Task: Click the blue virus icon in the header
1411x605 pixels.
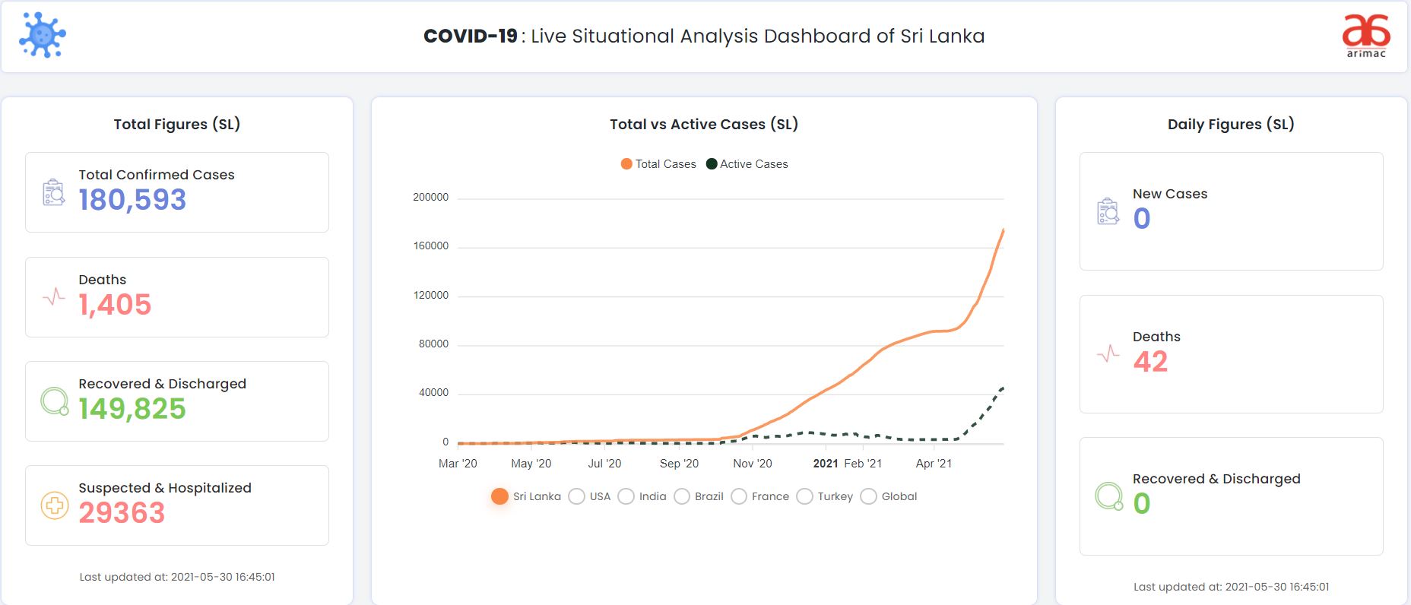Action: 43,35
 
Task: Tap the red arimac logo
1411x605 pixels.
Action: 1366,35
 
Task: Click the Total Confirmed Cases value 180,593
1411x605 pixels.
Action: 132,200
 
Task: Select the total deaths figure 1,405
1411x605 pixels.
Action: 115,305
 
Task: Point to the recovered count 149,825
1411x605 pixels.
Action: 132,409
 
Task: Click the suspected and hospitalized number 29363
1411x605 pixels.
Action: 122,513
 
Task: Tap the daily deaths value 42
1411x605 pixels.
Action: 1150,362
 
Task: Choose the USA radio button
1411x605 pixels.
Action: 577,496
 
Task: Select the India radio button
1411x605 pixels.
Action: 626,496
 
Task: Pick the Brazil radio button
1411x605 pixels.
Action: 682,496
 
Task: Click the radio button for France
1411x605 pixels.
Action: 739,496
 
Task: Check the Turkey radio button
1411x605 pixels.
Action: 804,496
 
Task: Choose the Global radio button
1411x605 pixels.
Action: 868,496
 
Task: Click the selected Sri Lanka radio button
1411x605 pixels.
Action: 499,496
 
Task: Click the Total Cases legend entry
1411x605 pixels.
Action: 658,164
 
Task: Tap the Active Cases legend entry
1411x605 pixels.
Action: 747,164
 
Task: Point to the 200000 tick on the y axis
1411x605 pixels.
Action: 430,198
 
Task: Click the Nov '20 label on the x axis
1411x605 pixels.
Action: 753,464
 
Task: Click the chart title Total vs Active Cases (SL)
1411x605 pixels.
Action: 704,124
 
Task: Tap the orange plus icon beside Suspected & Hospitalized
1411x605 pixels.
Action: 54,505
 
